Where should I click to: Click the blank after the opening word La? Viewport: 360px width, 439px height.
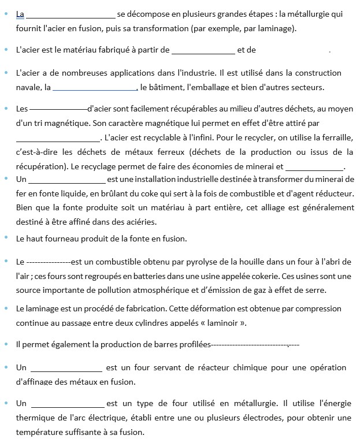[x=70, y=14]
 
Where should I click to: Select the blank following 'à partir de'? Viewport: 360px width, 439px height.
[x=203, y=51]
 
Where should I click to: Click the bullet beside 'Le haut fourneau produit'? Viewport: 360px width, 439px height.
[x=6, y=237]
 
